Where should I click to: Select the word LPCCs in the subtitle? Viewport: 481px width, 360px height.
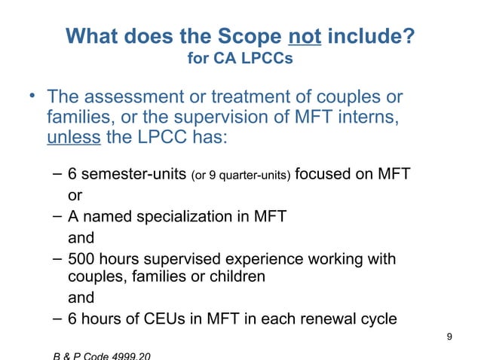pos(267,58)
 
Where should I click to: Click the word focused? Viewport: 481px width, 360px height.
pos(325,175)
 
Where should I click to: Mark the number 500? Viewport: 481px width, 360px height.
pos(81,260)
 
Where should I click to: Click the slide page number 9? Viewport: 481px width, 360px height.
pos(449,337)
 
